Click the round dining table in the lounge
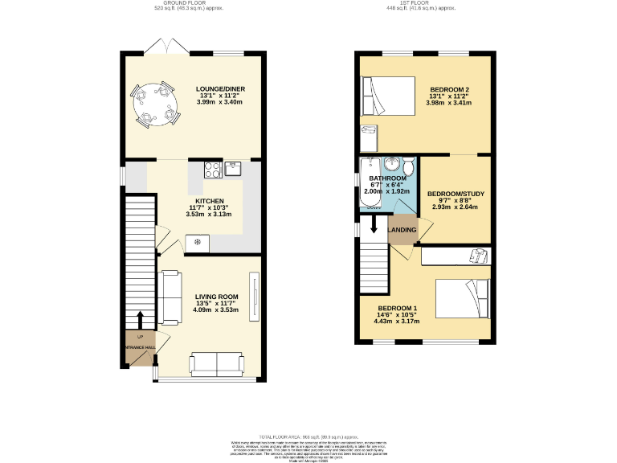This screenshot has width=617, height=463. pos(153,104)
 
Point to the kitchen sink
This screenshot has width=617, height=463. pos(234,168)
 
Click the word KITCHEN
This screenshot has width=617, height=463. pos(208,201)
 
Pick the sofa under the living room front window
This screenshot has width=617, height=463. pos(218,363)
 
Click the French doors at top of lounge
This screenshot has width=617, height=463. pos(166,48)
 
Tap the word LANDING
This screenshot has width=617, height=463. pos(403,231)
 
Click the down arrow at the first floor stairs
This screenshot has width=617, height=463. pos(374,227)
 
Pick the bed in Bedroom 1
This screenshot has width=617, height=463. pos(461,297)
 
